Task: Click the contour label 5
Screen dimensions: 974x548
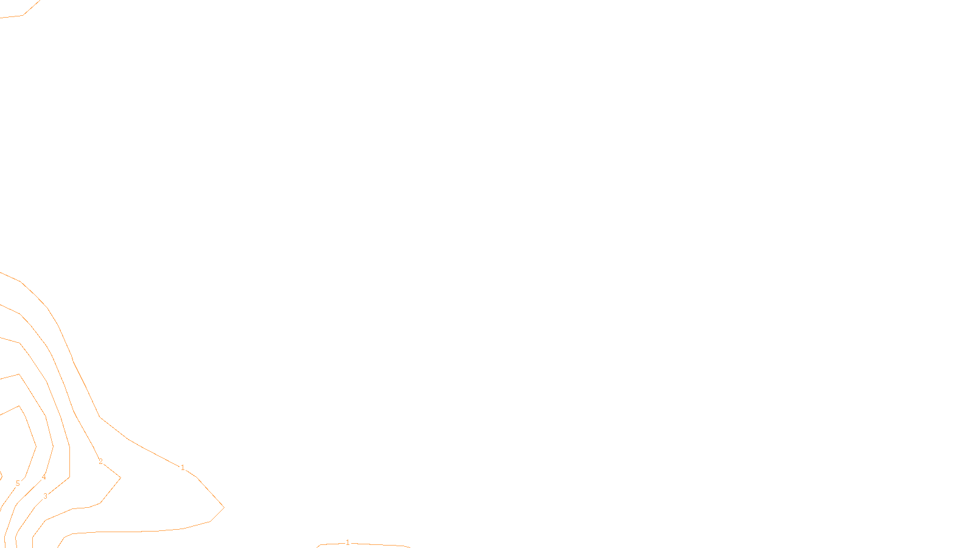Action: pos(18,483)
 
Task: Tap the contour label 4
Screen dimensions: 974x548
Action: pos(43,477)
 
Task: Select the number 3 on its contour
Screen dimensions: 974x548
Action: pos(45,496)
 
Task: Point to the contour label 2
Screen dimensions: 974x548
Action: pos(100,462)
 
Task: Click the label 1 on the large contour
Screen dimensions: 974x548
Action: pos(183,468)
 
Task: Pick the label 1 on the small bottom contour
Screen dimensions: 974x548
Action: pos(348,543)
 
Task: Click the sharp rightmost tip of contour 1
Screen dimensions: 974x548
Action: pos(224,507)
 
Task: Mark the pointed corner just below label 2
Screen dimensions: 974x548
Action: pos(121,477)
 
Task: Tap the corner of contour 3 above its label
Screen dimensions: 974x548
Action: pos(69,477)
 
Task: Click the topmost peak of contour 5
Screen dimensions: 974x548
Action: pos(19,406)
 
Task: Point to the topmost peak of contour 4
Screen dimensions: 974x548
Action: pos(19,374)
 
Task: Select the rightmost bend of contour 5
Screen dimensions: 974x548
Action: pos(36,446)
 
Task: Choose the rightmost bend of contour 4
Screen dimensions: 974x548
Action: pos(53,446)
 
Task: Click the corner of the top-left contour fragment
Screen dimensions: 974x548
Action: pos(23,15)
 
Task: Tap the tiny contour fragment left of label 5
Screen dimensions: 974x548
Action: pos(1,477)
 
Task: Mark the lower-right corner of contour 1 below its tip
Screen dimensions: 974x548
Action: pos(210,521)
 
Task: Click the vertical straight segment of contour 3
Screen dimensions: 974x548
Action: pos(69,462)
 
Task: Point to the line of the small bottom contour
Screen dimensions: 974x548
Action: pos(363,544)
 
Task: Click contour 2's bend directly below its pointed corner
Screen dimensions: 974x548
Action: pos(100,503)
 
